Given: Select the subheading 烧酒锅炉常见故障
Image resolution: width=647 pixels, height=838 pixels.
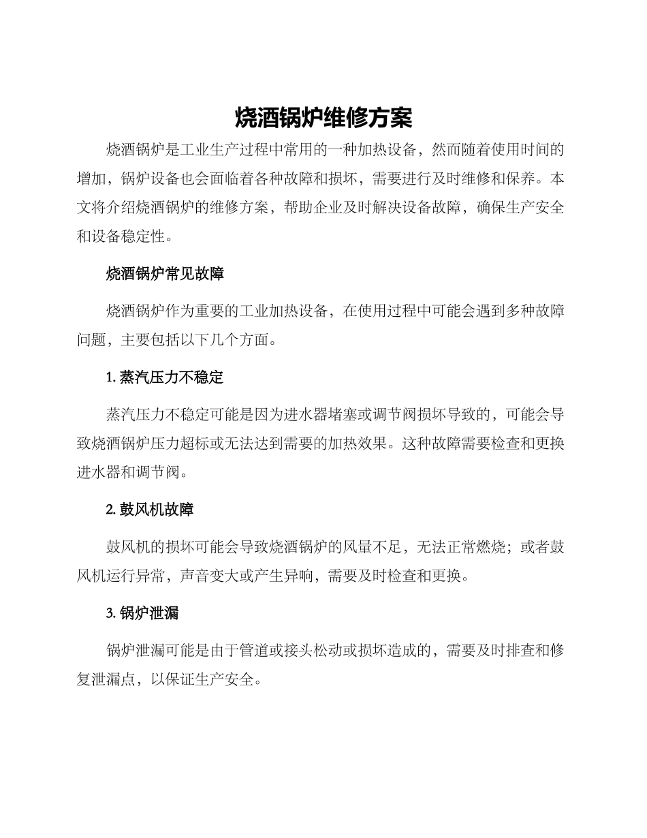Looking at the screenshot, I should pos(165,274).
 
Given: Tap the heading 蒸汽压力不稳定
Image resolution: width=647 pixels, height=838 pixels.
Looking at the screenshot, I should pos(171,377).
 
